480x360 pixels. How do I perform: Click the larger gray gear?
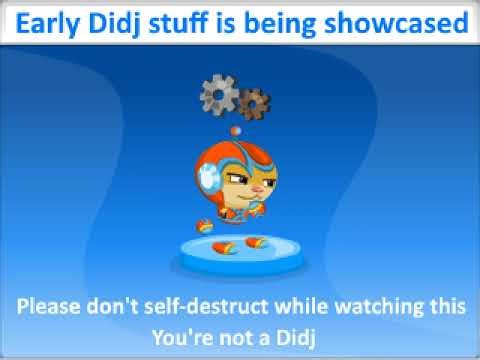pyautogui.click(x=219, y=94)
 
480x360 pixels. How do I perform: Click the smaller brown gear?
pyautogui.click(x=254, y=101)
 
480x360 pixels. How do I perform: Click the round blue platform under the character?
pyautogui.click(x=240, y=249)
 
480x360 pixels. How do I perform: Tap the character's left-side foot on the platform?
pyautogui.click(x=223, y=245)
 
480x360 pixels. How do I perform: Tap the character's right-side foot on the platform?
pyautogui.click(x=258, y=242)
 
